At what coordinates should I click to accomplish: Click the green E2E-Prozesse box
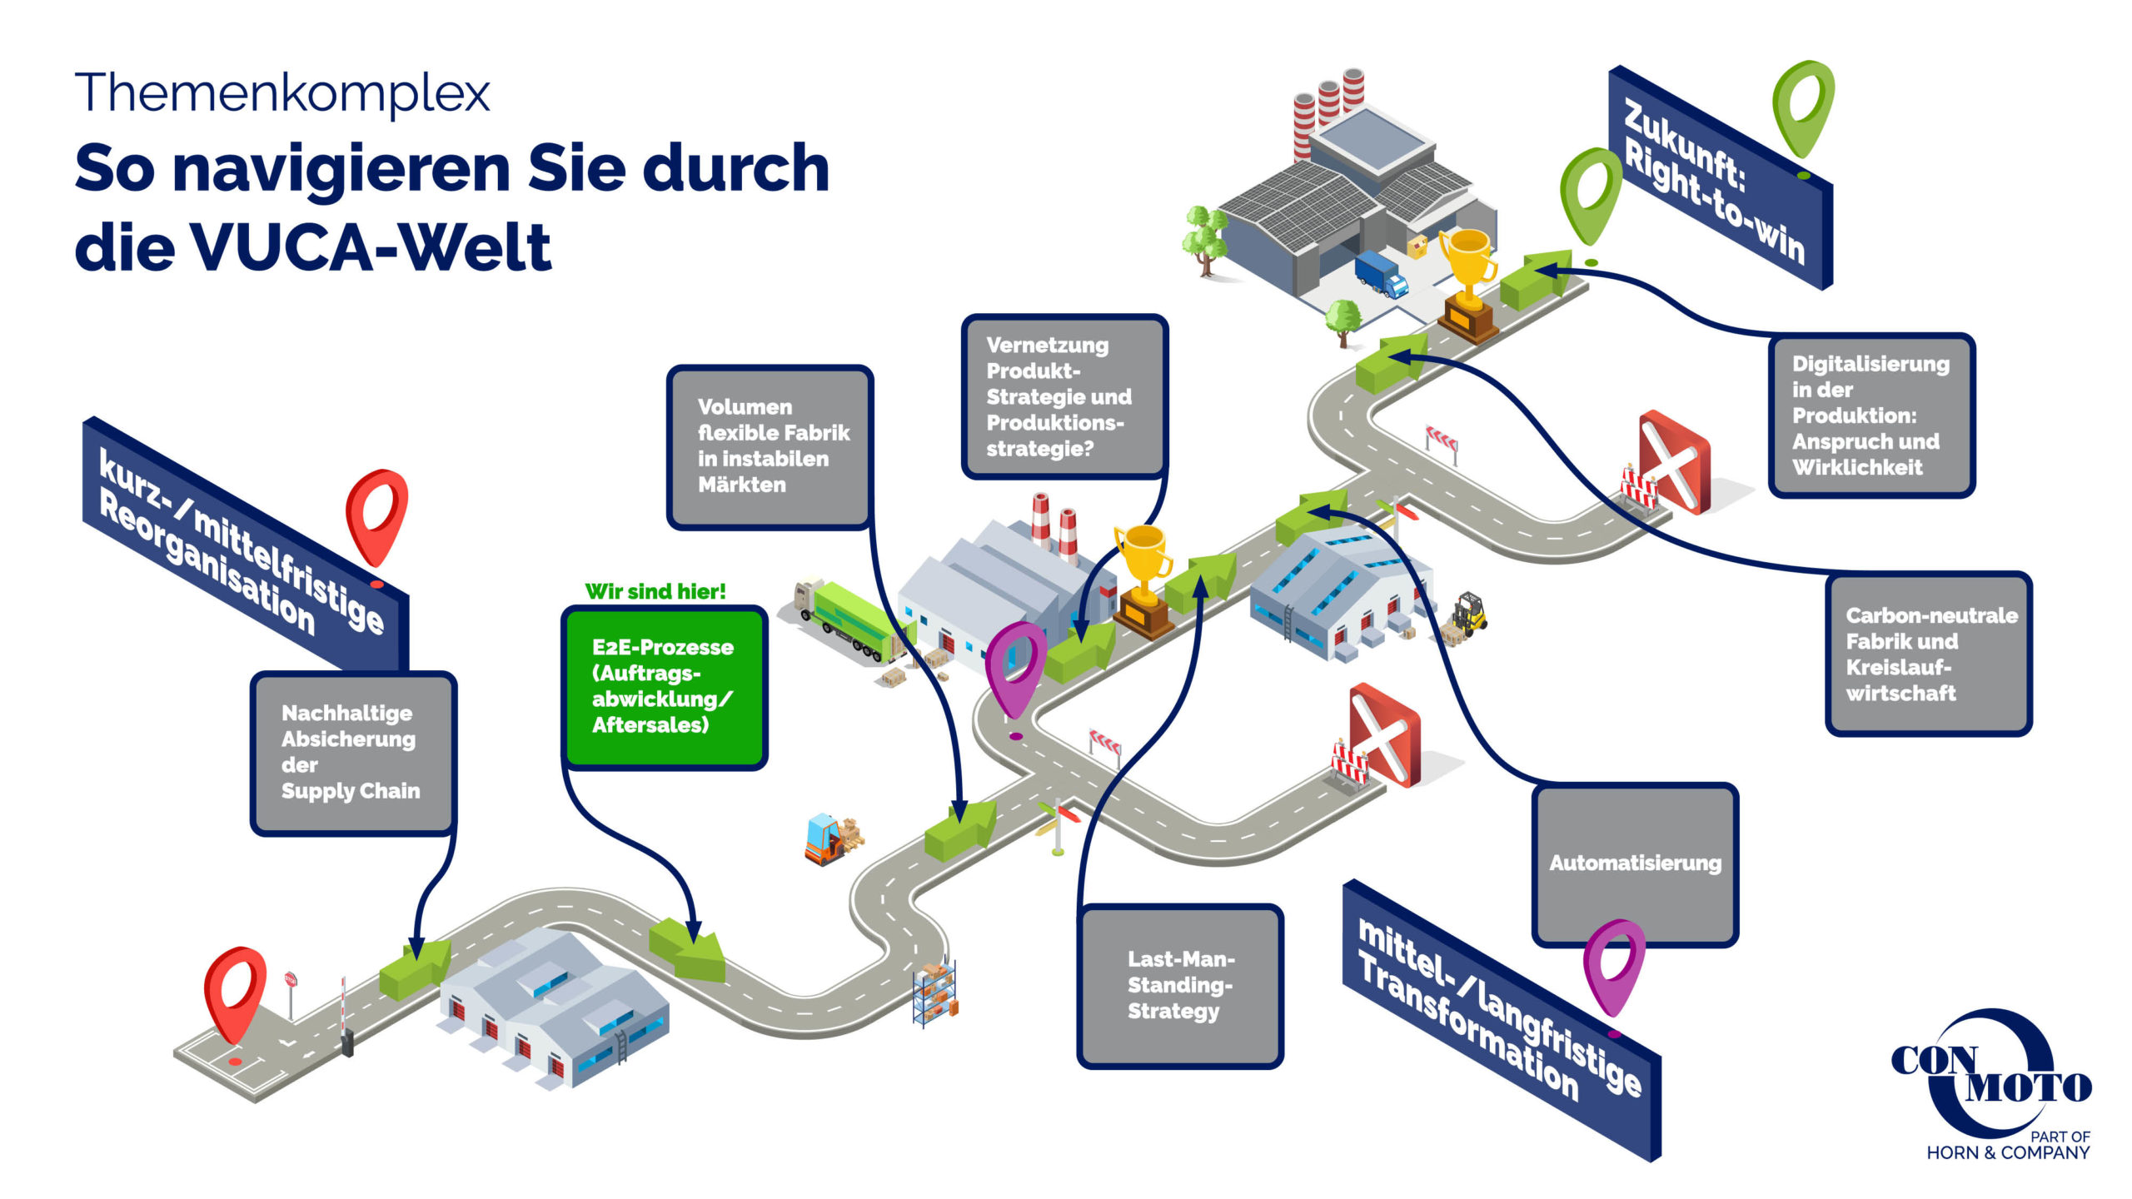664,687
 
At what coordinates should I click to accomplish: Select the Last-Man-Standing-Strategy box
1179,985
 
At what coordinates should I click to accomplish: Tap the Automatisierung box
1634,863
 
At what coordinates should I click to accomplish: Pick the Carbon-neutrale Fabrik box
1928,654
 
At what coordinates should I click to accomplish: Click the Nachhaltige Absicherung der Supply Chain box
353,752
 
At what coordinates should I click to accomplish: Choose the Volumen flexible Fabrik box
770,446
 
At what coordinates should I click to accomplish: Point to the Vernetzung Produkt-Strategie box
1064,396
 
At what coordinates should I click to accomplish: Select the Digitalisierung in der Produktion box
1870,415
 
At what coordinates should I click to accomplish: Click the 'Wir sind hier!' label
655,591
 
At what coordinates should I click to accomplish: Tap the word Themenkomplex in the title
282,92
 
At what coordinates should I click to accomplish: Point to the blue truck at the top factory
1380,273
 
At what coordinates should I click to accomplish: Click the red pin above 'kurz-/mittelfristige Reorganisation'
377,516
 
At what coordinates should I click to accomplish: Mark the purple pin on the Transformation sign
1613,966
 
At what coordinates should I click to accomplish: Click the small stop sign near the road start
291,982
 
